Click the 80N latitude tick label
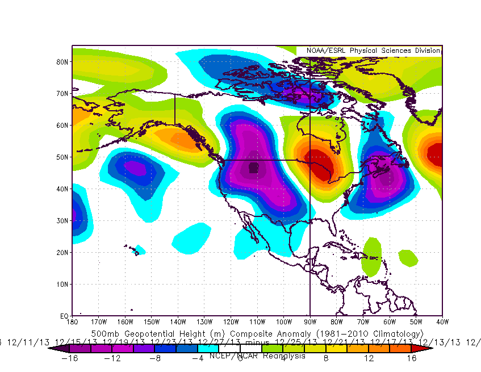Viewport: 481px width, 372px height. click(62, 61)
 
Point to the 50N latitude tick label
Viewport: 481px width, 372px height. click(62, 157)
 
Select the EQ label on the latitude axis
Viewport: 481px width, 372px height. click(64, 315)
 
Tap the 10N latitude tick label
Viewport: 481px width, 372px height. click(62, 284)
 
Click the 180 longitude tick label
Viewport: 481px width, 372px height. click(72, 322)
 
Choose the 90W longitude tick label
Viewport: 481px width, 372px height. click(310, 322)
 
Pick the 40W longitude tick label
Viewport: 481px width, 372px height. click(442, 322)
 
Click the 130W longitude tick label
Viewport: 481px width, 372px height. click(204, 322)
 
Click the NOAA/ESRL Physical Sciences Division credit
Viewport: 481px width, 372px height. click(373, 51)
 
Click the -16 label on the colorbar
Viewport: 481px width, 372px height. click(69, 358)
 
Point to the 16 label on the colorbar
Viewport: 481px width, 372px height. click(411, 358)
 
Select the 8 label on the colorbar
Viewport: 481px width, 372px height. click(325, 358)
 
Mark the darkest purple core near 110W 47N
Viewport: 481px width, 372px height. click(253, 167)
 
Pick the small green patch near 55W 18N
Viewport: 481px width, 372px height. click(408, 258)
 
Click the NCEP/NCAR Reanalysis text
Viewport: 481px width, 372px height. click(257, 356)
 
